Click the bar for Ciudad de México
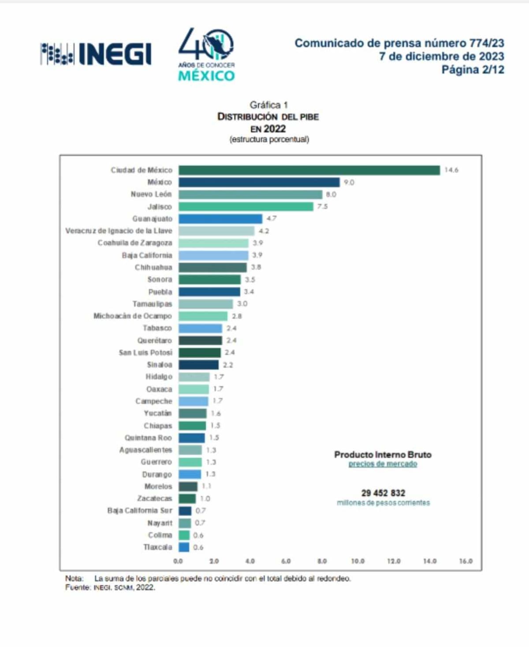(309, 170)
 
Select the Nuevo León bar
(250, 194)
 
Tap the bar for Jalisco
(246, 206)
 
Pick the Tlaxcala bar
(184, 547)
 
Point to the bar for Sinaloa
(198, 365)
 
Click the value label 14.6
(451, 170)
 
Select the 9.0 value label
(349, 183)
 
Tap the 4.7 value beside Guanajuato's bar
(271, 219)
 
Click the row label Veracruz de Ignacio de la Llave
(119, 231)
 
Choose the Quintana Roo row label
(148, 438)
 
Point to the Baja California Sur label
(139, 510)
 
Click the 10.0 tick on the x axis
(358, 561)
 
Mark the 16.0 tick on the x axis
(466, 561)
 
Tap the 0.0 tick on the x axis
(178, 561)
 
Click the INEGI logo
(96, 54)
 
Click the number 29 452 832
(383, 493)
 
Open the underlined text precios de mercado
(383, 464)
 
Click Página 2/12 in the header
(473, 70)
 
